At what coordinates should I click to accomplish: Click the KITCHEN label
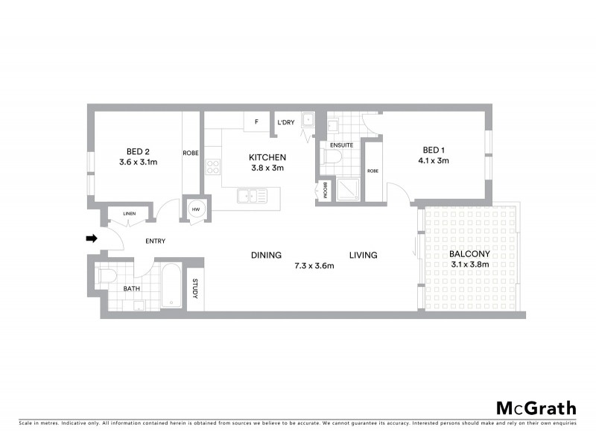[x=266, y=157]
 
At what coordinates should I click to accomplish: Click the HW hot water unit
[x=196, y=209]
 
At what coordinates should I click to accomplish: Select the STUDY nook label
[x=195, y=289]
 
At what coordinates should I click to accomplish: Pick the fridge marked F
[x=256, y=121]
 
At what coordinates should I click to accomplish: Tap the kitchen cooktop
[x=213, y=167]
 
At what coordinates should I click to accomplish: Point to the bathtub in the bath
[x=171, y=285]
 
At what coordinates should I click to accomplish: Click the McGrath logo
[x=536, y=408]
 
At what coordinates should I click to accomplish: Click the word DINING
[x=266, y=255]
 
